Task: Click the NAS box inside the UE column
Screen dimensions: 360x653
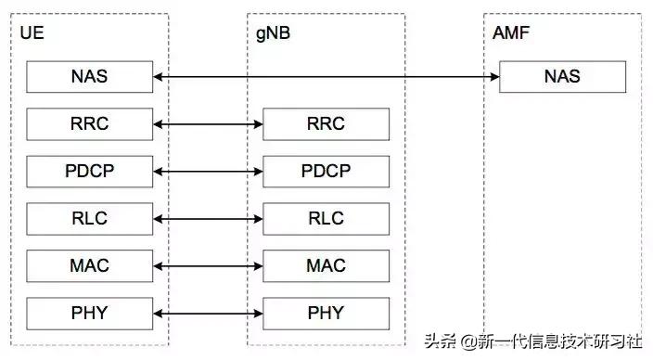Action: pyautogui.click(x=89, y=76)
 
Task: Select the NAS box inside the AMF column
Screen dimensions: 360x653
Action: pyautogui.click(x=562, y=76)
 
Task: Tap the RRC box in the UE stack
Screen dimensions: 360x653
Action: pyautogui.click(x=89, y=123)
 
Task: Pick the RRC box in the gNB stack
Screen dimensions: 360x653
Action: pyautogui.click(x=326, y=123)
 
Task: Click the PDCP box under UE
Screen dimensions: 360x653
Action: pyautogui.click(x=89, y=171)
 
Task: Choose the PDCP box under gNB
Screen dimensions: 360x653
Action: pyautogui.click(x=326, y=171)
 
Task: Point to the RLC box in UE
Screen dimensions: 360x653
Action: pyautogui.click(x=89, y=218)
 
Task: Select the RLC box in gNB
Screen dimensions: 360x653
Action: pyautogui.click(x=326, y=218)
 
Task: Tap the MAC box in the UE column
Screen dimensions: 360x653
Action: pyautogui.click(x=89, y=265)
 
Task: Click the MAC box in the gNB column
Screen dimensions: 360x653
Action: pyautogui.click(x=326, y=265)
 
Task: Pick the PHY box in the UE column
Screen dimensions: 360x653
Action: pyautogui.click(x=89, y=313)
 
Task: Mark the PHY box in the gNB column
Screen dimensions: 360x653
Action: pyautogui.click(x=326, y=313)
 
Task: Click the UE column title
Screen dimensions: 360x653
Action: pyautogui.click(x=32, y=34)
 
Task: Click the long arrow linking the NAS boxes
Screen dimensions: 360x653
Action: pyautogui.click(x=325, y=76)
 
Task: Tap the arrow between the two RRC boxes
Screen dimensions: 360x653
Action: pyautogui.click(x=208, y=123)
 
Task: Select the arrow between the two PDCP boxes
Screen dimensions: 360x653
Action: pyautogui.click(x=208, y=171)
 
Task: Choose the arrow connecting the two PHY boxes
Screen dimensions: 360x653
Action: pyautogui.click(x=208, y=313)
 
